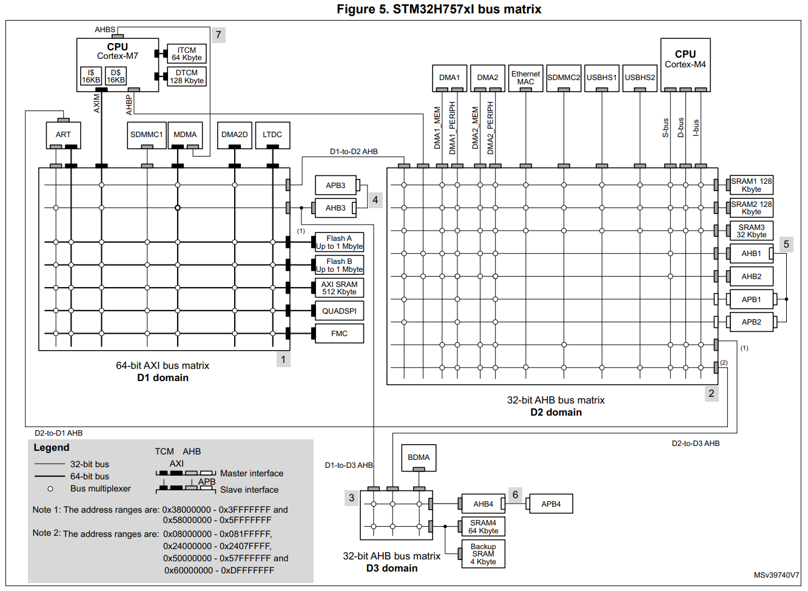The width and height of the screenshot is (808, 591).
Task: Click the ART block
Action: coord(63,135)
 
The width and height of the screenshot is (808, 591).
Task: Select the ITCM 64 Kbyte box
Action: coord(186,54)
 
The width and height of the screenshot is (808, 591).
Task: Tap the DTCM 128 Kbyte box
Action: coord(186,76)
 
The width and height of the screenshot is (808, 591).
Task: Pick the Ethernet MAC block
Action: coord(525,78)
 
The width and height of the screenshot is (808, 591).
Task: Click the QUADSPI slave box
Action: coord(339,311)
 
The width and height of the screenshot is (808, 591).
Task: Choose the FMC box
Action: coord(339,334)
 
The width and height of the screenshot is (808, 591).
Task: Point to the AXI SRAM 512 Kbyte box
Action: coord(339,288)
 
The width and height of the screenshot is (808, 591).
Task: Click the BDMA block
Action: coord(418,458)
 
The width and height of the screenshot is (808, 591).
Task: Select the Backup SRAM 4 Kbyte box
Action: coord(483,554)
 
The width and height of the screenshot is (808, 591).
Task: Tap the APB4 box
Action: coord(551,504)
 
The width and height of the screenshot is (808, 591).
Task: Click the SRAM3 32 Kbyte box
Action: coord(751,231)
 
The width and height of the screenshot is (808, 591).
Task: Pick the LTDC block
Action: coord(272,135)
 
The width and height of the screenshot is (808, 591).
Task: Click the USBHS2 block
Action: coord(639,78)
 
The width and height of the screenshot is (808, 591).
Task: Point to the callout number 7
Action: coord(218,35)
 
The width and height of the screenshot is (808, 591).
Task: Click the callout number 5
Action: coord(786,244)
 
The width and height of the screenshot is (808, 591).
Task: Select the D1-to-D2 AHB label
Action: coord(354,152)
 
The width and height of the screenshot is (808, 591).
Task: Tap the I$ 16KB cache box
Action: coord(91,76)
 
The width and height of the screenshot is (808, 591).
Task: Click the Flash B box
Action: coord(339,265)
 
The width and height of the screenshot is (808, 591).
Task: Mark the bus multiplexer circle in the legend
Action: coord(50,488)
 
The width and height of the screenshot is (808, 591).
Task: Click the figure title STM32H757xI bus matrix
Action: coord(439,9)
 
